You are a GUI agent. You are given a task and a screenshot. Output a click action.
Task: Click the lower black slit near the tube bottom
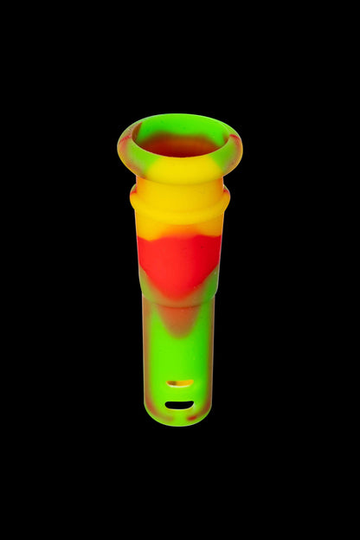coord(179,404)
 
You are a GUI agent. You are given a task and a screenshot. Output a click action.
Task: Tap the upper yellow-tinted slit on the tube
coord(179,382)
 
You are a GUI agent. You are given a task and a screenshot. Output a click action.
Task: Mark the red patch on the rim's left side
coord(127,138)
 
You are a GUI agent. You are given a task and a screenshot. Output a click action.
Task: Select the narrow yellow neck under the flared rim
coord(179,187)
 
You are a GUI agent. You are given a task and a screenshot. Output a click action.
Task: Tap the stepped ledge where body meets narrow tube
coord(179,299)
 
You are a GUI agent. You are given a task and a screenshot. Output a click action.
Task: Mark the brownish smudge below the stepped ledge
coord(177,320)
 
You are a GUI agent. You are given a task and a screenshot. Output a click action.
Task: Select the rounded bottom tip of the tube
coord(179,421)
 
